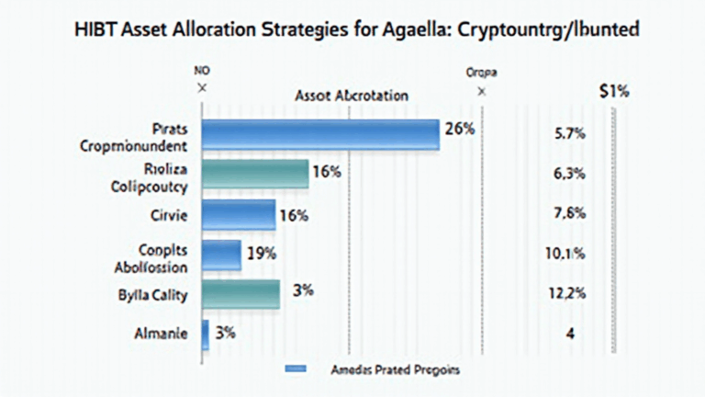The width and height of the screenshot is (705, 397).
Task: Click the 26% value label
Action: tap(458, 130)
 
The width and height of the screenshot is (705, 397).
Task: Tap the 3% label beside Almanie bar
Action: tap(227, 333)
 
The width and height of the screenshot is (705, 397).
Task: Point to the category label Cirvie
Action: tap(167, 215)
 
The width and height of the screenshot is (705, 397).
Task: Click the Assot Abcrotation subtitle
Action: tap(352, 95)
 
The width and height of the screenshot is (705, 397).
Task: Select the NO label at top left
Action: tap(201, 70)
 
